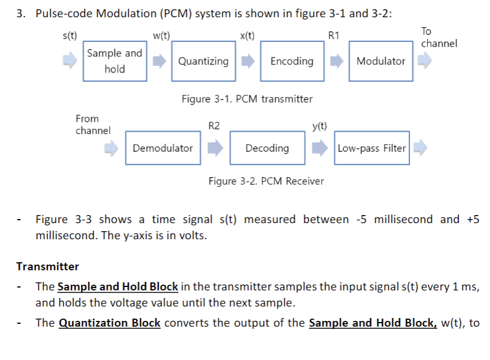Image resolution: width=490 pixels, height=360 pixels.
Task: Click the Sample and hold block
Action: point(114,61)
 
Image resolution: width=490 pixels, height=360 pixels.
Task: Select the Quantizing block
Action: point(203,61)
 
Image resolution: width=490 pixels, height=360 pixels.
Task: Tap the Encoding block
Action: point(292,61)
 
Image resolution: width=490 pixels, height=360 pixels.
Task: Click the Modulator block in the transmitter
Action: point(381,61)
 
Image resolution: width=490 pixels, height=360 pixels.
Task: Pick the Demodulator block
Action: point(163,148)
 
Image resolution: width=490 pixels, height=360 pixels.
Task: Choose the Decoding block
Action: point(267,148)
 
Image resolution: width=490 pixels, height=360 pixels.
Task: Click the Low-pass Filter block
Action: point(372,148)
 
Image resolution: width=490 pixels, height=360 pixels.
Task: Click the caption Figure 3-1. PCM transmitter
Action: point(247,99)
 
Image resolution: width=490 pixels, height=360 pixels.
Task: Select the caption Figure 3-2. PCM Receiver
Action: point(266,181)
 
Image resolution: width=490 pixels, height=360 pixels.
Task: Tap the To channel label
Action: point(439,37)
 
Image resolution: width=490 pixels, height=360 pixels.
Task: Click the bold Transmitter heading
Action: point(48,266)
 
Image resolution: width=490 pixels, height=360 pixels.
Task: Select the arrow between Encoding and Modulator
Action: point(337,60)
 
